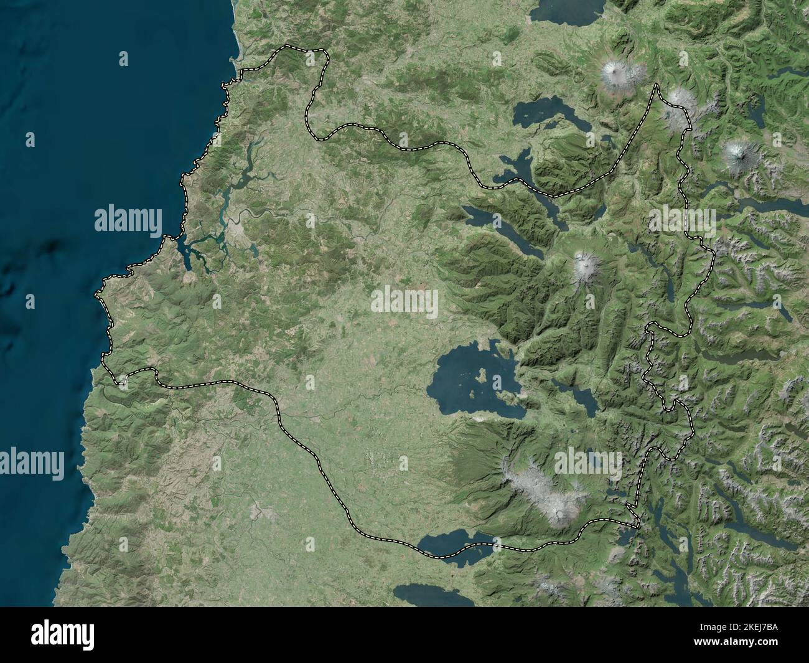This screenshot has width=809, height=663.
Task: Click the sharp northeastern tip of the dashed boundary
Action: pyautogui.click(x=655, y=85)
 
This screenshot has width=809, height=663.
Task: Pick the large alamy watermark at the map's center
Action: pyautogui.click(x=404, y=301)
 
